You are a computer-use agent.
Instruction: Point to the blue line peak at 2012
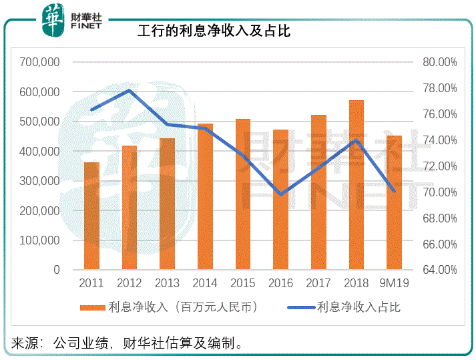tap(130, 90)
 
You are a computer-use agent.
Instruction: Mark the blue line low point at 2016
tap(281, 194)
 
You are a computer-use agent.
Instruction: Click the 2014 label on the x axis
tap(205, 283)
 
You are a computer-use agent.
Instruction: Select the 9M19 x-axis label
tap(395, 283)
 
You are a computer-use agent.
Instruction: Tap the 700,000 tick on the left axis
tap(41, 62)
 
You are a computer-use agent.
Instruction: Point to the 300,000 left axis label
tap(41, 181)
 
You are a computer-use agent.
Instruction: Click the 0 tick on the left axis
tap(57, 270)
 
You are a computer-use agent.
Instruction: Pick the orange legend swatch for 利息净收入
tap(92, 308)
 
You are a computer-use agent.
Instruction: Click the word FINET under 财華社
tap(85, 26)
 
